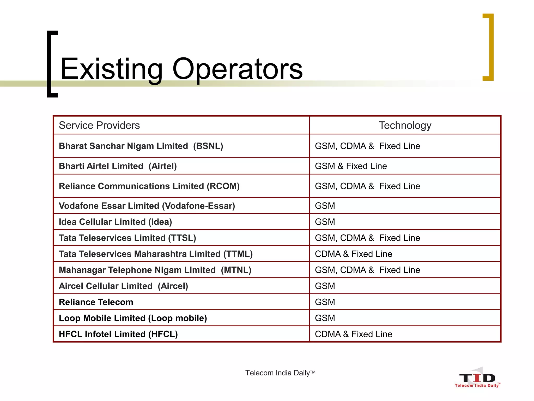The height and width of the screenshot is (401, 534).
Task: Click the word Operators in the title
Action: [x=237, y=69]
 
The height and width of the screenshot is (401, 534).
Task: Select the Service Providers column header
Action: [x=99, y=125]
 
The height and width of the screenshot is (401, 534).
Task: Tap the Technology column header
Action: [x=405, y=125]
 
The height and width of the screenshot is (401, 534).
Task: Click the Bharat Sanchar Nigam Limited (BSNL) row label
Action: [x=141, y=146]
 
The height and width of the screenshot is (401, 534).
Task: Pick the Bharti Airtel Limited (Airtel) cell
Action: [x=118, y=166]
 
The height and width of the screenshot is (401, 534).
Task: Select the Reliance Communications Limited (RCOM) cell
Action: [x=149, y=186]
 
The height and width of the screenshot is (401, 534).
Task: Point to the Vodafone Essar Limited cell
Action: [x=147, y=206]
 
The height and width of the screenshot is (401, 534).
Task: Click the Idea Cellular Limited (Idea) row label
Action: [x=115, y=222]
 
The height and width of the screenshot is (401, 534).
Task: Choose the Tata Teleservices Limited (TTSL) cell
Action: [x=127, y=238]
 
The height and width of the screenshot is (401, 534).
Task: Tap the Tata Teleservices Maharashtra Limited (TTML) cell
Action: [x=156, y=254]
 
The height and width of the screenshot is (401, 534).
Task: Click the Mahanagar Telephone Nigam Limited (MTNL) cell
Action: [x=155, y=270]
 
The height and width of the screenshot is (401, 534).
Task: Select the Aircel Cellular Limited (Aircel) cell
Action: [x=123, y=286]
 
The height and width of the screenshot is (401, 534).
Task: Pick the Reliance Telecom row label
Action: [x=96, y=302]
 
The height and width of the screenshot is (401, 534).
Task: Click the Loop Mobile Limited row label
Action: [x=133, y=318]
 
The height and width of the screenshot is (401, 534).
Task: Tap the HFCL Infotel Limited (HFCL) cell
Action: [x=118, y=334]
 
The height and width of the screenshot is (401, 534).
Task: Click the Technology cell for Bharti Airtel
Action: [x=351, y=166]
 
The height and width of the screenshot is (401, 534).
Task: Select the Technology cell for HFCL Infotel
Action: [x=353, y=334]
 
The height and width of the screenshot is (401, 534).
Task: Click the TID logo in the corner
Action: [x=477, y=379]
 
